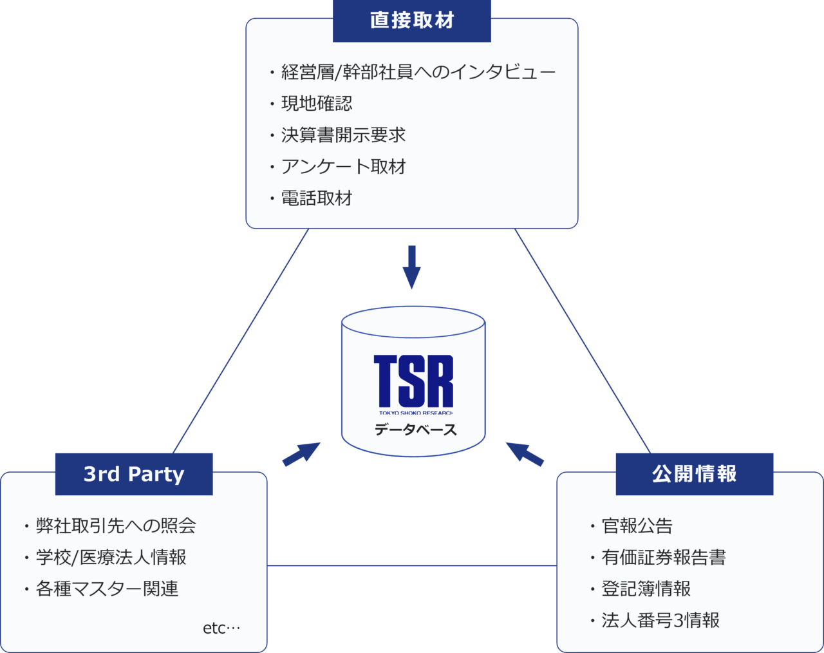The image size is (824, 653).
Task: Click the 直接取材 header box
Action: coord(411,21)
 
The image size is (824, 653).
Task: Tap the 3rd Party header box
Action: coord(134,474)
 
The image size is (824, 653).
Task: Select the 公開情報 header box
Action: coord(695,474)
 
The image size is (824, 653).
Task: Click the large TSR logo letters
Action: coord(413,381)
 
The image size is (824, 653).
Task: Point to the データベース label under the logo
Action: coord(416,430)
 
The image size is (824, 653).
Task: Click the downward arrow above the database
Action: coord(411,267)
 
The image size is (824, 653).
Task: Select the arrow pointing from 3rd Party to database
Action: coord(301,454)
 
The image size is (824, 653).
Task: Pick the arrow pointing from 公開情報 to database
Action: coord(525,454)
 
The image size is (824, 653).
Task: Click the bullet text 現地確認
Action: coord(317,104)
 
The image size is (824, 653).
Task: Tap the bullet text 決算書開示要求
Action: coord(344,135)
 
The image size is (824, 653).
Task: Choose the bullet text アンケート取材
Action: coord(344,167)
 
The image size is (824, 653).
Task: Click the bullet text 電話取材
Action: coord(317,198)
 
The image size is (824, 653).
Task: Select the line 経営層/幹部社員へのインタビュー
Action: coord(418,72)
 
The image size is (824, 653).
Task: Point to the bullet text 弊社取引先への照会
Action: coord(116,525)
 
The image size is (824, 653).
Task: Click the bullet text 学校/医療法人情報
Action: coord(111,557)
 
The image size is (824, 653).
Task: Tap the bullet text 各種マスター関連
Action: coord(108,589)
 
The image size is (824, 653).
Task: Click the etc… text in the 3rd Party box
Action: coord(221,628)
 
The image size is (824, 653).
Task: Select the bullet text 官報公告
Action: coord(637,525)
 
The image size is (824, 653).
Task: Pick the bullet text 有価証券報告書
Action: coord(664,557)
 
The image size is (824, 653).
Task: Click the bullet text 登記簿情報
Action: coord(646,589)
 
